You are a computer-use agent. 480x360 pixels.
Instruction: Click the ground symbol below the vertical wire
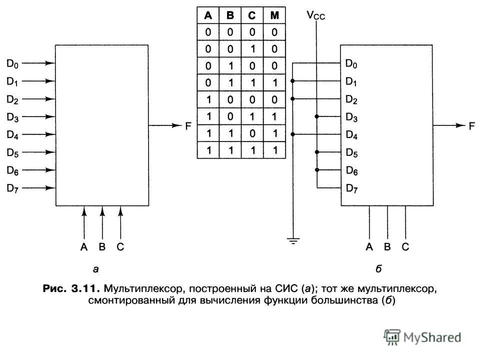coord(292,241)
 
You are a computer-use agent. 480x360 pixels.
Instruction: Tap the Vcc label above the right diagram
coord(316,15)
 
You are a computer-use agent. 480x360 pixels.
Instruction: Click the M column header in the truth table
coord(274,15)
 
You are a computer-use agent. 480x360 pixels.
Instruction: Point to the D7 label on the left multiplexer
coord(12,188)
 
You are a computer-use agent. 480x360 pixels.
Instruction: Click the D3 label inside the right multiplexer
coord(351,117)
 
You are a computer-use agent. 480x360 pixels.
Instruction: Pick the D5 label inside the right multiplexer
coord(351,152)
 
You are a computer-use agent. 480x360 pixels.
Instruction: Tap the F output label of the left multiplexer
coord(188,126)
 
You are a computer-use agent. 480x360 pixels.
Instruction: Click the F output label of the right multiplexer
coord(471,126)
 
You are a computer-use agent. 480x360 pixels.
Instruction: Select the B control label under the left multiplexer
coord(102,246)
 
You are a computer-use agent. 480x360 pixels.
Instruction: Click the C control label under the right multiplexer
coord(405,246)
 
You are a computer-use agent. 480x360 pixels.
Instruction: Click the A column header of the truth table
coord(207,15)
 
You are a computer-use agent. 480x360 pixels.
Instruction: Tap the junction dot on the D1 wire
coord(292,81)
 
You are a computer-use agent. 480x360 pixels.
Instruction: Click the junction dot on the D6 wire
coord(316,170)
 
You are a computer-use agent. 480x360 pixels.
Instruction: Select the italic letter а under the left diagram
coord(95,269)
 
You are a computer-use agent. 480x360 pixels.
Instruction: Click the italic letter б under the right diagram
coord(379,269)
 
